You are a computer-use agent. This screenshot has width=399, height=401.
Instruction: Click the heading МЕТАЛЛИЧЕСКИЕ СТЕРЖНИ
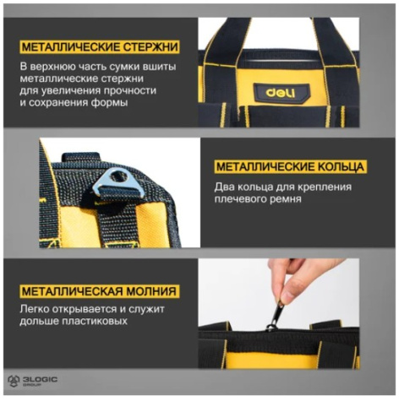[100, 46]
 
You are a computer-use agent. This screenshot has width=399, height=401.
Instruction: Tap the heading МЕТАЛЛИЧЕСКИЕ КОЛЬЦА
[290, 166]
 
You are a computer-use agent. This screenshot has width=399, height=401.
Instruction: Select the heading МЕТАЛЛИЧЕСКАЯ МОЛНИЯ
[99, 290]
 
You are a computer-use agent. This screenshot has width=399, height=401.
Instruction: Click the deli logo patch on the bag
[281, 93]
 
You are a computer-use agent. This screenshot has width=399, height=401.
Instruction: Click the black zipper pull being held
[274, 317]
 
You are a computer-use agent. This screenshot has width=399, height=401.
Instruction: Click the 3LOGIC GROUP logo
[33, 381]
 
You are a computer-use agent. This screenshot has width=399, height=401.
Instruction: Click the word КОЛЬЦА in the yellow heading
[341, 167]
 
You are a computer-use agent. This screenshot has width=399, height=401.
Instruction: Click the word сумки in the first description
[123, 67]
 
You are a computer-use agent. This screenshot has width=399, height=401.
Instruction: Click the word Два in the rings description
[224, 187]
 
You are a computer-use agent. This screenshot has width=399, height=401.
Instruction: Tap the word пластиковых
[95, 321]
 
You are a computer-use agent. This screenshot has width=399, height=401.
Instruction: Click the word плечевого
[240, 199]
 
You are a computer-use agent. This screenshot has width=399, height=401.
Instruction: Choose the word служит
[146, 309]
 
